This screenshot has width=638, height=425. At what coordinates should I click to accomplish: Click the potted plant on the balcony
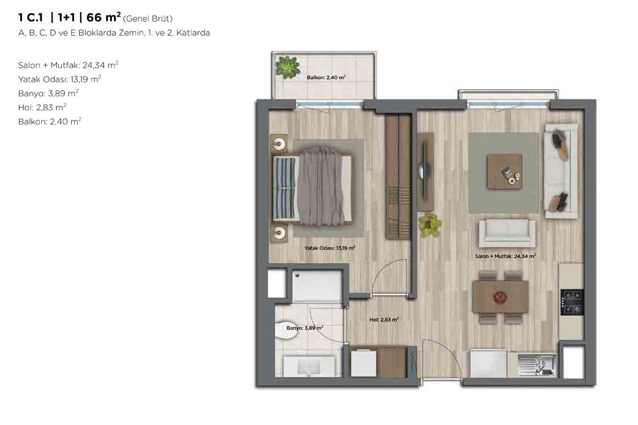coord(288,67)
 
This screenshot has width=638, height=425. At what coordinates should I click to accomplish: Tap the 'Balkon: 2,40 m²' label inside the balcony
coord(326,77)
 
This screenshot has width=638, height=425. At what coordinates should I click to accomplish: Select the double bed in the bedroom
coord(312,189)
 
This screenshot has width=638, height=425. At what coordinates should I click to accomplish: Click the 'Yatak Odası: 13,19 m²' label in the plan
coord(329,248)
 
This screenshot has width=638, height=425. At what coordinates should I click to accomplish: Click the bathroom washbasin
coord(309,366)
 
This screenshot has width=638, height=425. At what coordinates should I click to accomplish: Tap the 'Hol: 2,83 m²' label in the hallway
coord(384,320)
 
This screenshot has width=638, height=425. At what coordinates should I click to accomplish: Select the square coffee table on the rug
coord(505,171)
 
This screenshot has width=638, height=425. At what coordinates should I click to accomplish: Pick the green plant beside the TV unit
coord(430,225)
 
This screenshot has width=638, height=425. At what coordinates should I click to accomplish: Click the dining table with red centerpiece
coord(500,297)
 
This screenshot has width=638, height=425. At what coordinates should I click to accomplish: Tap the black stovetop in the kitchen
coord(572,303)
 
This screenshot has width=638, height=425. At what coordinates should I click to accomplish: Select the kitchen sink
coord(537,365)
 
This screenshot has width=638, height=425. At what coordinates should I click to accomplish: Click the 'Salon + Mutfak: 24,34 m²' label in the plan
coord(505,256)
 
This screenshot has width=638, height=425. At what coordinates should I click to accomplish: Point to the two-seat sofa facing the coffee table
coord(507,233)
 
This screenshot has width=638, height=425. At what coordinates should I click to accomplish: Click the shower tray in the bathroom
coord(317,285)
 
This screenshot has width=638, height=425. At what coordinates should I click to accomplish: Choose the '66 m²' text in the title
coord(103,17)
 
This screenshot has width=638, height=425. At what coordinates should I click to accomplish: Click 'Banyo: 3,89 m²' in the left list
coord(48,93)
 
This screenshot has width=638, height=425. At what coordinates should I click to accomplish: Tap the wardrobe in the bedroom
coord(399,177)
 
